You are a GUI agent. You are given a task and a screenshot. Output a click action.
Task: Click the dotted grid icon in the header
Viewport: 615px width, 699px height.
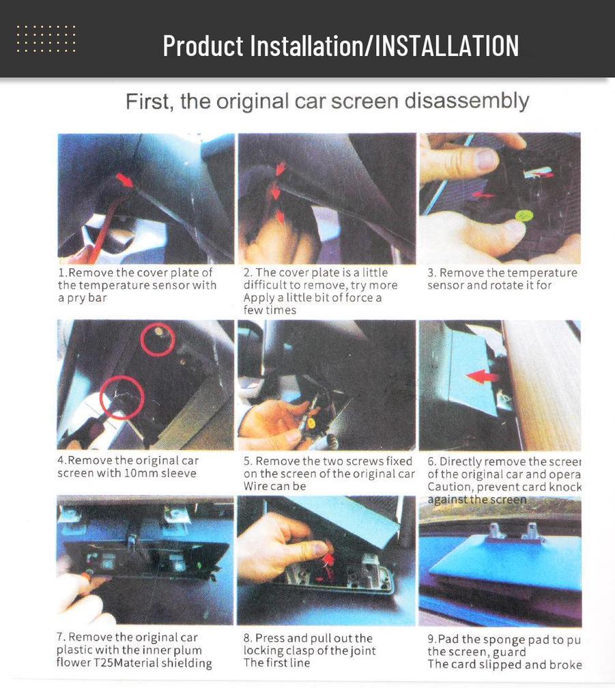coord(46,39)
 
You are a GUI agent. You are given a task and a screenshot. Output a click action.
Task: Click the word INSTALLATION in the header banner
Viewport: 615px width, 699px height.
coord(447,46)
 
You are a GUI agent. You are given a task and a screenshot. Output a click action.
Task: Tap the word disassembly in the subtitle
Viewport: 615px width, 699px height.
coord(467,101)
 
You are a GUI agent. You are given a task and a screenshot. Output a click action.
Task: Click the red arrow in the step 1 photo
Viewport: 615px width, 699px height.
coord(124,180)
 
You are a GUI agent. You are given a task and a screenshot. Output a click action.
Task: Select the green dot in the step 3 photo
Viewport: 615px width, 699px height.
coord(522,216)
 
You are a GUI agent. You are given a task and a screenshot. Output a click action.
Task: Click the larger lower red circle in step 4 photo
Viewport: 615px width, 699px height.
coord(121,398)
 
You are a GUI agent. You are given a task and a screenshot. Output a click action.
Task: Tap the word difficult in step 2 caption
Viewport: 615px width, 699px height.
coord(269,285)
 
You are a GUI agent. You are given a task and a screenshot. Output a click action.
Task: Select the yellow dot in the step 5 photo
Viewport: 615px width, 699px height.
coord(311,423)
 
